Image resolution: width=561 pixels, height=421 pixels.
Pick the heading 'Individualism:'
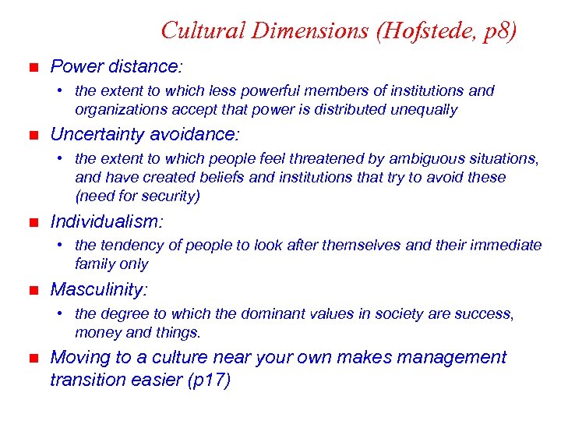tap(107, 222)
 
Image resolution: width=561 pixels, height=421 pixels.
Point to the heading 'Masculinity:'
tap(98, 290)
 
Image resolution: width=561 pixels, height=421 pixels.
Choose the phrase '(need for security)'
tap(138, 196)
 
